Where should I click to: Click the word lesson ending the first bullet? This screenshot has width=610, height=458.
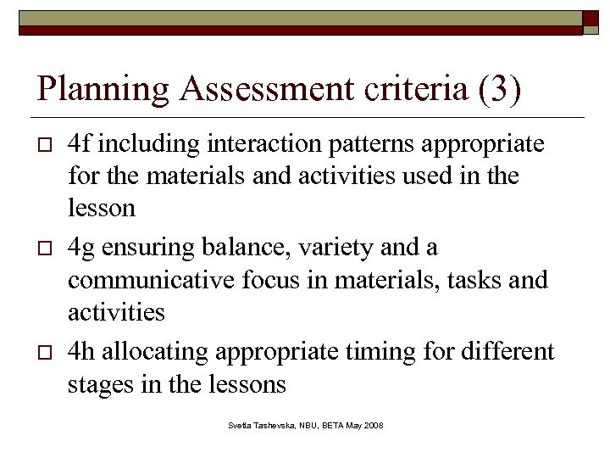coord(102,208)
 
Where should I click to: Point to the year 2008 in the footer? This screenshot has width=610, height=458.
coord(374,424)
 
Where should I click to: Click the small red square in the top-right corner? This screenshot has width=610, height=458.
coord(591,20)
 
